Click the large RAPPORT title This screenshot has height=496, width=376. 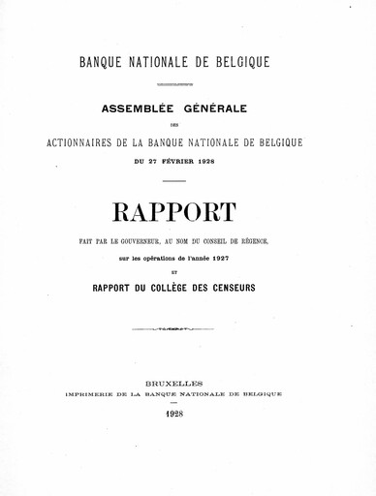tap(187, 209)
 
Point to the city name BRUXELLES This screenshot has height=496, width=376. tap(187, 384)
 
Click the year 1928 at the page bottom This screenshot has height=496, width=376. tap(187, 415)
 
